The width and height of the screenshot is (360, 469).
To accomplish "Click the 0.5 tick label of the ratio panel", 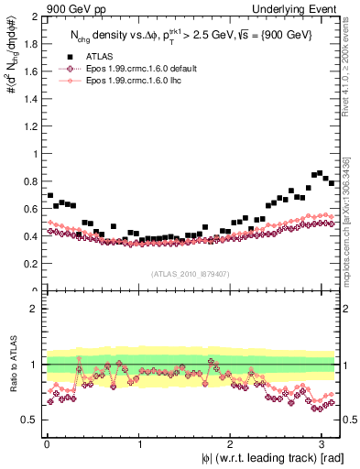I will (x=32, y=420).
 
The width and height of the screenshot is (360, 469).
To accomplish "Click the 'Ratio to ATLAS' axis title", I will (x=12, y=365).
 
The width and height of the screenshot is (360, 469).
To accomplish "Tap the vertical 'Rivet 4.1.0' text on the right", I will (x=349, y=69).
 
